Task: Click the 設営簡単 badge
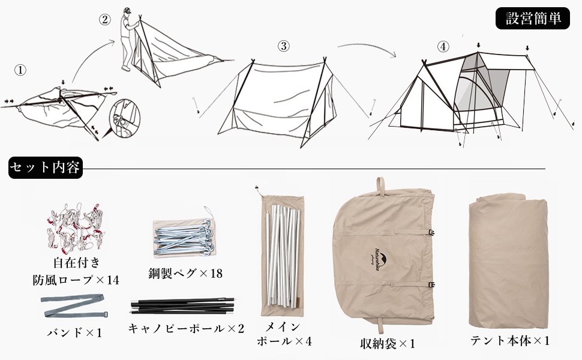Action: pos(532,19)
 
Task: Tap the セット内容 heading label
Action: pos(45,167)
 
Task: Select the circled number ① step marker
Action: pos(20,70)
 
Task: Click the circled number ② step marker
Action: pos(104,19)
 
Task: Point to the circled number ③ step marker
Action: pos(284,46)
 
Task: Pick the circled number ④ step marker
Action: pos(443,46)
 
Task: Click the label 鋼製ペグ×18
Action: pos(185,274)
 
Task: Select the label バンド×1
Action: pos(74,332)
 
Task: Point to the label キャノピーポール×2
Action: pos(186,328)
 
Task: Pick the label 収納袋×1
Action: pos(388,344)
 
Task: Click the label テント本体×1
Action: pos(510,341)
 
